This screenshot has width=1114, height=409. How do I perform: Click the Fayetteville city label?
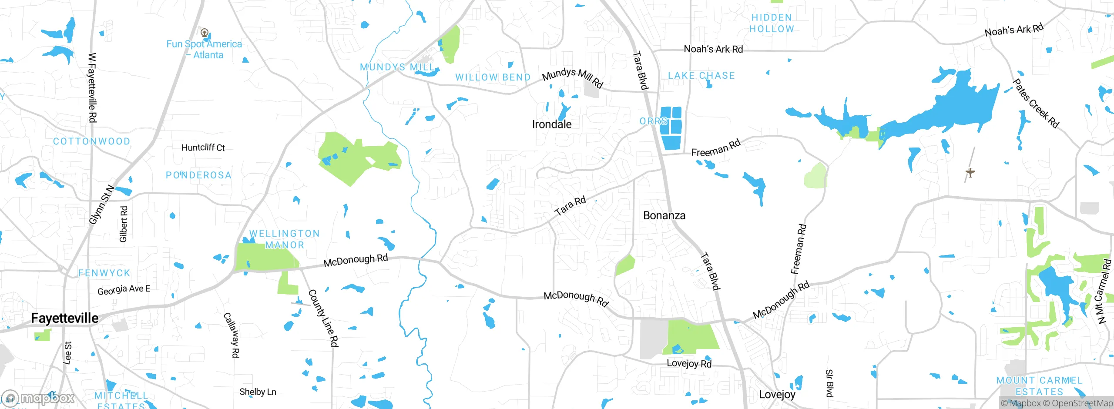[64, 318]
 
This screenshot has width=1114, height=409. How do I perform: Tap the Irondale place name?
[551, 124]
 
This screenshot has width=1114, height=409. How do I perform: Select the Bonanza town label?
[664, 215]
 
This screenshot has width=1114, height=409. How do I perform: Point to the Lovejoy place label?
[777, 395]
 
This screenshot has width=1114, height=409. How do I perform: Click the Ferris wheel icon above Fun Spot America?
[204, 32]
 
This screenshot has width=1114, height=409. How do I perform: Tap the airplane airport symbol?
[970, 172]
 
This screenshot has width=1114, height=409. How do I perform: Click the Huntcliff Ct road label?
[203, 148]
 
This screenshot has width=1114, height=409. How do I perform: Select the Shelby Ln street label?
[258, 392]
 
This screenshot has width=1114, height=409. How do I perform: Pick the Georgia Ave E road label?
[124, 290]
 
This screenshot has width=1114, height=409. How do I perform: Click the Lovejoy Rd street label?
[689, 363]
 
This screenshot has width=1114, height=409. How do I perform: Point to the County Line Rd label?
[323, 318]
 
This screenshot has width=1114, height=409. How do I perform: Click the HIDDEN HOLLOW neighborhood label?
[772, 23]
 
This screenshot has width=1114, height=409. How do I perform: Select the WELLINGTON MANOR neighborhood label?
[285, 239]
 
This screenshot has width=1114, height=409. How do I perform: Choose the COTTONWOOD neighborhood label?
[91, 141]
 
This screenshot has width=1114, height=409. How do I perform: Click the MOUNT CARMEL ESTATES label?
[1039, 386]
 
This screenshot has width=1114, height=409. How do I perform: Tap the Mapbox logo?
[38, 398]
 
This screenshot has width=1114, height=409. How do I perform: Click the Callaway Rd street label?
[232, 335]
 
